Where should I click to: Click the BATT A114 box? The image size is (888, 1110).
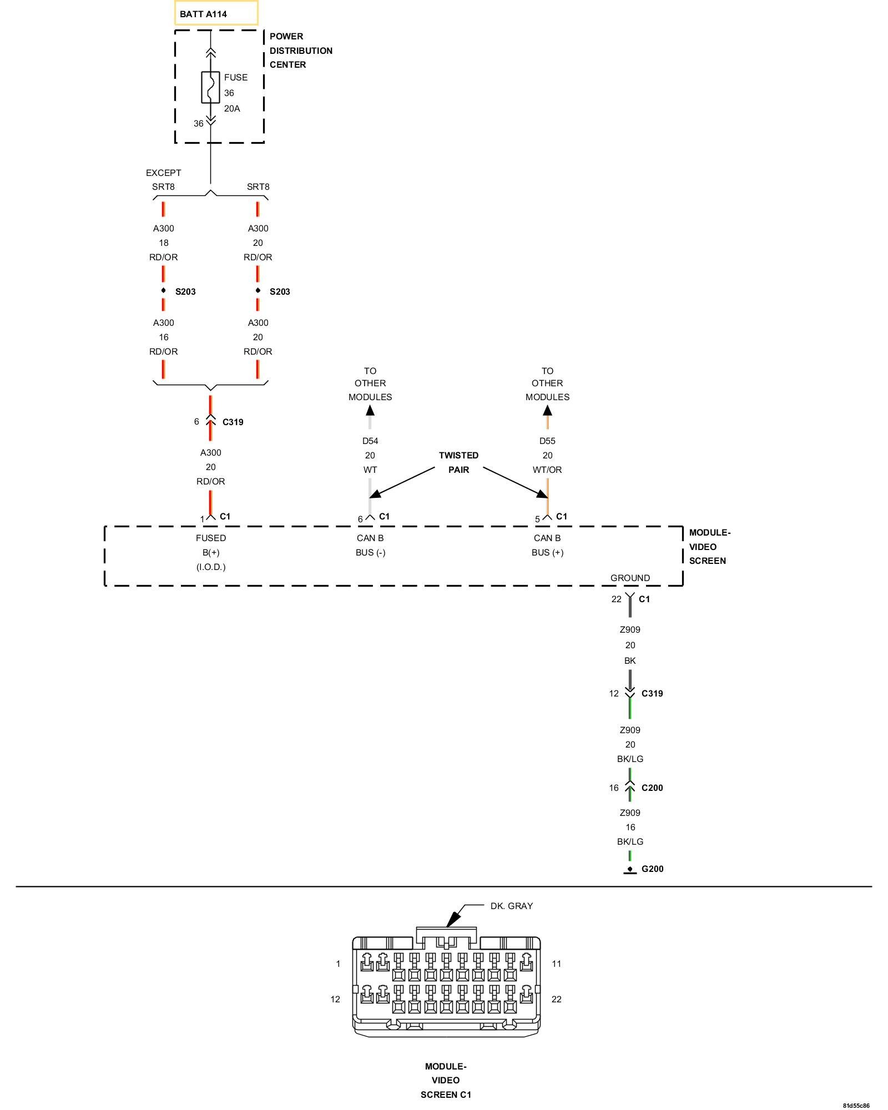pyautogui.click(x=216, y=13)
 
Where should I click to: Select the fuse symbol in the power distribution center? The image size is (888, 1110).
pyautogui.click(x=210, y=88)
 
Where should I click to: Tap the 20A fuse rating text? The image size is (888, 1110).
pyautogui.click(x=232, y=109)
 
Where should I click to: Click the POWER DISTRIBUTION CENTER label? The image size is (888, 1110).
pyautogui.click(x=300, y=51)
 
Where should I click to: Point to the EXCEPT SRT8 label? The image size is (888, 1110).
pyautogui.click(x=163, y=180)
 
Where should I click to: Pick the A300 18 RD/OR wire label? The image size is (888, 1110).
pyautogui.click(x=164, y=243)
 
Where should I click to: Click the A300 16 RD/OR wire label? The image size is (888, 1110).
pyautogui.click(x=164, y=337)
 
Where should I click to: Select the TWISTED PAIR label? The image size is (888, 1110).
pyautogui.click(x=458, y=462)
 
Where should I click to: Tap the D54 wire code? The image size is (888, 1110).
pyautogui.click(x=370, y=441)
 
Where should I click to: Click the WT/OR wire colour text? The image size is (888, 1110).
pyautogui.click(x=547, y=470)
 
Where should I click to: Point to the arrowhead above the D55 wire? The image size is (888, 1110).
pyautogui.click(x=547, y=411)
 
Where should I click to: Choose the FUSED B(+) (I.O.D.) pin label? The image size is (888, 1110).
pyautogui.click(x=211, y=552)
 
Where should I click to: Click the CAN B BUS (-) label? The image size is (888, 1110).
pyautogui.click(x=370, y=545)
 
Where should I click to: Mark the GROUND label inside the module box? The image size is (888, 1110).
pyautogui.click(x=630, y=578)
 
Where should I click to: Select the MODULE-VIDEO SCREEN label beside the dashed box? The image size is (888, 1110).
pyautogui.click(x=709, y=547)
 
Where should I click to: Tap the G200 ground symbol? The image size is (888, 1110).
pyautogui.click(x=630, y=870)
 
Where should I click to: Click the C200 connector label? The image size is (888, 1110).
pyautogui.click(x=652, y=788)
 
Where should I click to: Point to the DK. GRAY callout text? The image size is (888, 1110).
pyautogui.click(x=511, y=906)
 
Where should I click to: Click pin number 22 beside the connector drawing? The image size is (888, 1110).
pyautogui.click(x=556, y=1000)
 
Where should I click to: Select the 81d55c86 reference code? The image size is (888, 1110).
pyautogui.click(x=856, y=1106)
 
